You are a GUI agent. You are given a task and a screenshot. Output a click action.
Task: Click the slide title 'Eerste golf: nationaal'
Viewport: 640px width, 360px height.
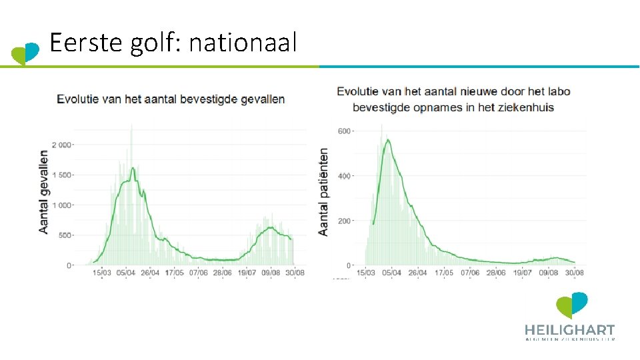tap(173, 44)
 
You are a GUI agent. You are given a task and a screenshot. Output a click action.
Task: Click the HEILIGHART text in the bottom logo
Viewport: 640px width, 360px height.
tap(569, 330)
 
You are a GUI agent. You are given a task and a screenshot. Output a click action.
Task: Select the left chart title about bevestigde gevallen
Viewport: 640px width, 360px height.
tap(171, 99)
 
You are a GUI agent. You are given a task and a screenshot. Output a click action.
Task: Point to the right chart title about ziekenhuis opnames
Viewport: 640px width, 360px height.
tap(453, 99)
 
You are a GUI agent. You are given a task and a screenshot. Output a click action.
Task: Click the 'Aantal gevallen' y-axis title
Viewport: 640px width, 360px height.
tap(44, 191)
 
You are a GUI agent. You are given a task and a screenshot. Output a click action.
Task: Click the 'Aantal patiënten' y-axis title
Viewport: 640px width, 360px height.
tap(324, 191)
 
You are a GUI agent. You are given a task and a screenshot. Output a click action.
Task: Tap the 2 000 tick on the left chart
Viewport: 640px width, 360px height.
tap(64, 145)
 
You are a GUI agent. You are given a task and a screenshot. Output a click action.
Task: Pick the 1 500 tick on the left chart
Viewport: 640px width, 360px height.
tap(64, 175)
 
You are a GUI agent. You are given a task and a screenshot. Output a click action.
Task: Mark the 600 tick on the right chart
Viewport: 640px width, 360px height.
tap(344, 131)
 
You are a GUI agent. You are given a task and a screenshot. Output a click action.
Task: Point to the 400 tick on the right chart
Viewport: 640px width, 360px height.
tap(344, 176)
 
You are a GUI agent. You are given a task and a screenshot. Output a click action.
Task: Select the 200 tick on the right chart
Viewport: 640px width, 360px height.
tap(344, 221)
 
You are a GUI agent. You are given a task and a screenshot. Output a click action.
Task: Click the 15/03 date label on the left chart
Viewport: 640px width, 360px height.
tap(101, 273)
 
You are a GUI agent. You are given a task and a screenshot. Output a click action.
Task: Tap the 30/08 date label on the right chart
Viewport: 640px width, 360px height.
tap(575, 273)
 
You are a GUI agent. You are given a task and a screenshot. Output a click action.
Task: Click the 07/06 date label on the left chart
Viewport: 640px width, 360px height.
tap(198, 273)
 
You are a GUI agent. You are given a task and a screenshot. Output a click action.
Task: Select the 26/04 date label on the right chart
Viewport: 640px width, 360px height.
tap(417, 273)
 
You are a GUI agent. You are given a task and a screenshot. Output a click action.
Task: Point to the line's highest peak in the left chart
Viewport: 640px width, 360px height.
tap(133, 168)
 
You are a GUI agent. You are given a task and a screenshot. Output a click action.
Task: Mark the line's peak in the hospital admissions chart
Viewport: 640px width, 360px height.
tap(387, 139)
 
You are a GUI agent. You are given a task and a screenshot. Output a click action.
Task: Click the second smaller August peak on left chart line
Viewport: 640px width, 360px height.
tap(270, 227)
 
